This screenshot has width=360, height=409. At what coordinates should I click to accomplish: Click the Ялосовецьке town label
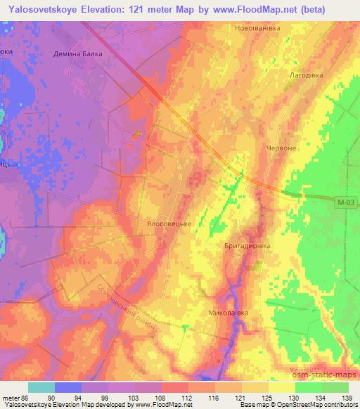pyautogui.click(x=169, y=219)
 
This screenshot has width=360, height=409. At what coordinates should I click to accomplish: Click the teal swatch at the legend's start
pyautogui.click(x=41, y=387)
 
